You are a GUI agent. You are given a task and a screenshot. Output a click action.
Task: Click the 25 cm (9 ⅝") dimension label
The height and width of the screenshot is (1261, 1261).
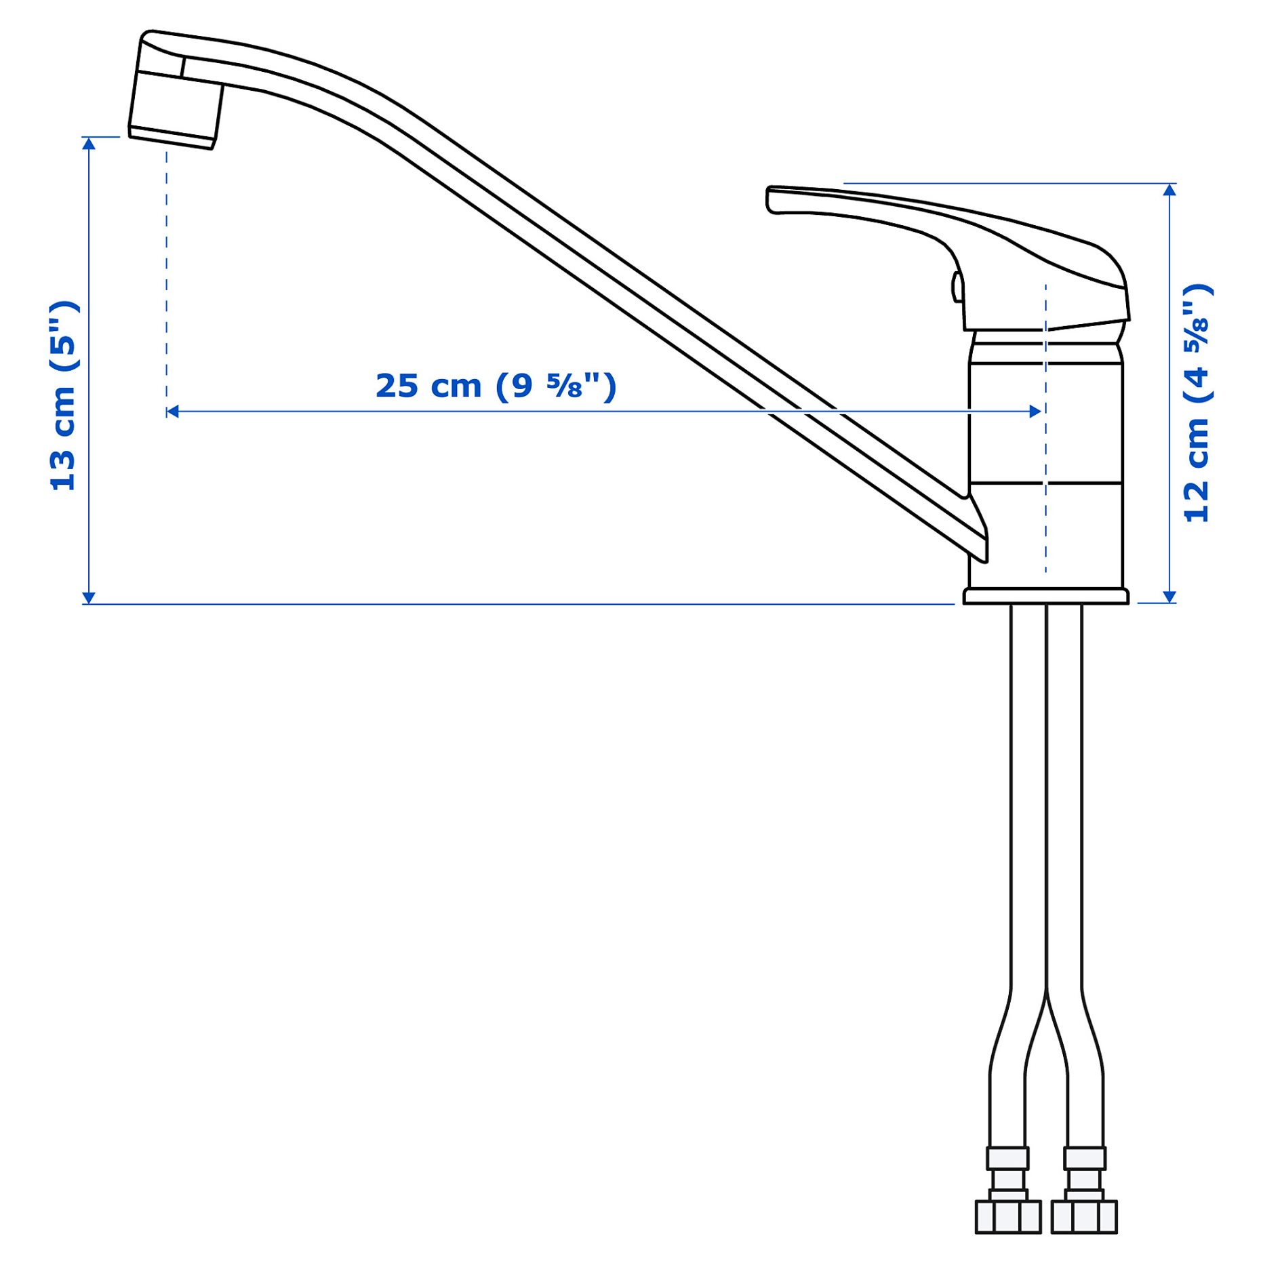(496, 386)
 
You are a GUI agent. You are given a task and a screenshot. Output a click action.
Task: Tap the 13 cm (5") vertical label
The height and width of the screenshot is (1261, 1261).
(64, 396)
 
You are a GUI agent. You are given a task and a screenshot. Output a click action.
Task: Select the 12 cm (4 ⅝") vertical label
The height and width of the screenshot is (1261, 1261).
(1197, 403)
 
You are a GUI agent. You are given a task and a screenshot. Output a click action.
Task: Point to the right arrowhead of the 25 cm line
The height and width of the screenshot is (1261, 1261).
(1035, 412)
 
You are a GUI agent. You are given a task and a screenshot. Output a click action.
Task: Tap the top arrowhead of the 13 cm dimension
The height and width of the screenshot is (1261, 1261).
(89, 142)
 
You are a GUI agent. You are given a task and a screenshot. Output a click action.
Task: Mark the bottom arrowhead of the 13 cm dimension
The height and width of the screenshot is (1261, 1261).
(89, 597)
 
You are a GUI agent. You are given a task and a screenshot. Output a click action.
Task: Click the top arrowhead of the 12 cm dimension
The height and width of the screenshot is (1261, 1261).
(1169, 189)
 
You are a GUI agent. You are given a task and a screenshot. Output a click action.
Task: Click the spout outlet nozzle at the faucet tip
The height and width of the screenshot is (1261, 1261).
(175, 108)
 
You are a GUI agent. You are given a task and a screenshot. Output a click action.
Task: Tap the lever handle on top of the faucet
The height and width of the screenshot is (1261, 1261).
(949, 224)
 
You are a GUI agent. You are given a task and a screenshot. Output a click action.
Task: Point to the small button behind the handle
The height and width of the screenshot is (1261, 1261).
(957, 287)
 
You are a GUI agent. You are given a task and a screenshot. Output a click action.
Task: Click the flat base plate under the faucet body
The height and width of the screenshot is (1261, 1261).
(1045, 596)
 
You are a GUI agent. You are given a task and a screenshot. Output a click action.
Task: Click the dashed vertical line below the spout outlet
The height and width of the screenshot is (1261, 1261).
(167, 271)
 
